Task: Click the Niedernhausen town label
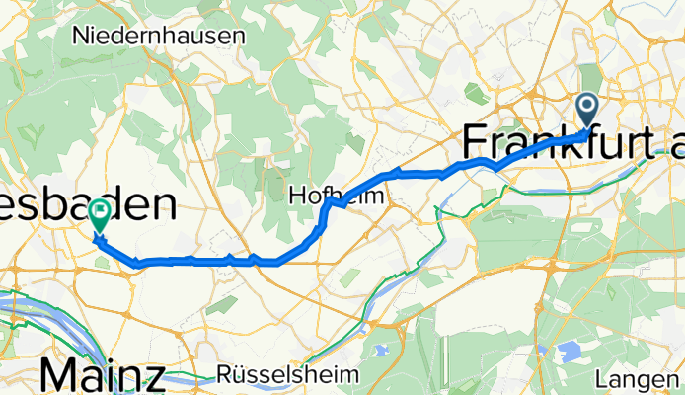(x=159, y=36)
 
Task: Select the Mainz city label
(x=103, y=376)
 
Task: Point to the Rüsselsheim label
(x=268, y=376)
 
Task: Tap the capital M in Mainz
(x=58, y=376)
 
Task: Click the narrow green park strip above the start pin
(x=590, y=79)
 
